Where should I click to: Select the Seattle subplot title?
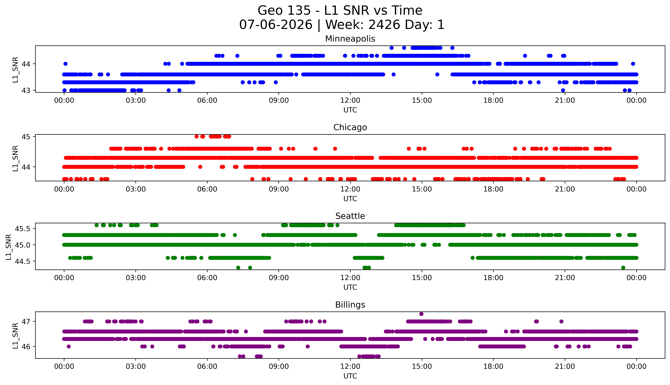coord(350,216)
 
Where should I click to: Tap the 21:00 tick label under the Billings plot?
coord(565,366)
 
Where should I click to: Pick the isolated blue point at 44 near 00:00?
coord(66,64)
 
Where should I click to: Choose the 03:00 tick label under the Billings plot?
coord(136,366)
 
